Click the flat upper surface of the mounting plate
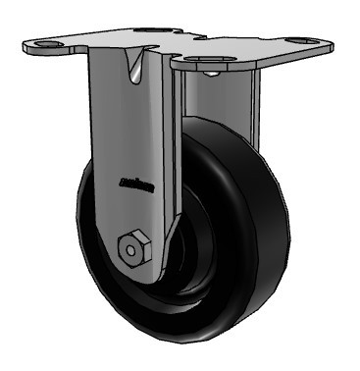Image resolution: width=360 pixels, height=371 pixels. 235,44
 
